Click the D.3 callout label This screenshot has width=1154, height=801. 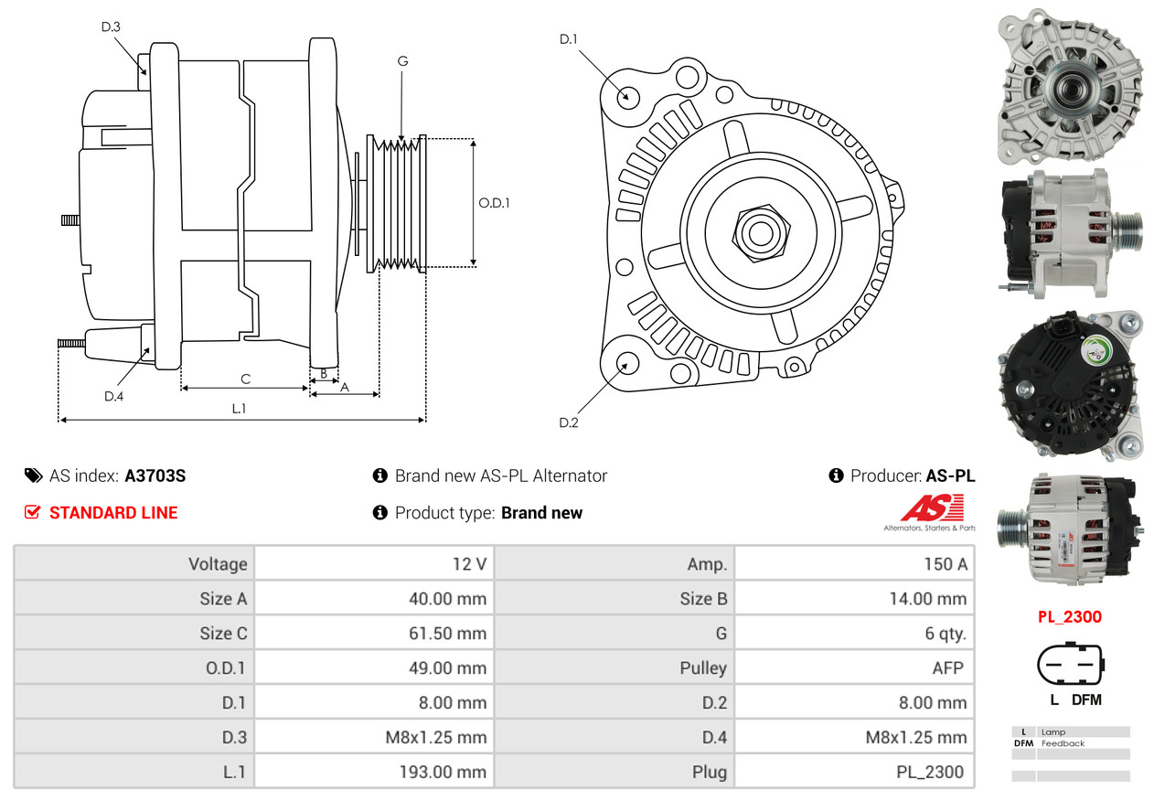point(111,27)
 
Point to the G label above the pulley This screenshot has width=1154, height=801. point(402,61)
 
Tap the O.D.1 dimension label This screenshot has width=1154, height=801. point(495,202)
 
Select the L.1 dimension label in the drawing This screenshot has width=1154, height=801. point(239,409)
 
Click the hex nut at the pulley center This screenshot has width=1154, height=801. point(759,232)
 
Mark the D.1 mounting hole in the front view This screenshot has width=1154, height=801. point(627,96)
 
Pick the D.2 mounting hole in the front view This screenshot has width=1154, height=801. point(627,364)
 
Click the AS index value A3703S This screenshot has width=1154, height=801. point(155,475)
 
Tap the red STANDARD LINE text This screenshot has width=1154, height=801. point(113,513)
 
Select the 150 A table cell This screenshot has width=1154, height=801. point(854,564)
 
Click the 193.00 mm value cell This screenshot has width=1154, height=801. point(374,772)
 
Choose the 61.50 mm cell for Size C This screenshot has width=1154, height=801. point(374,633)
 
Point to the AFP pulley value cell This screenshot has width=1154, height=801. point(854,667)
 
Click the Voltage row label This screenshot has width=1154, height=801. point(134,564)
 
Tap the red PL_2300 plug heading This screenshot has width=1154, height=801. point(1069,617)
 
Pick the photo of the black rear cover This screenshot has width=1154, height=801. point(1070,385)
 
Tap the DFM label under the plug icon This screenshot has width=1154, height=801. point(1085,700)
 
